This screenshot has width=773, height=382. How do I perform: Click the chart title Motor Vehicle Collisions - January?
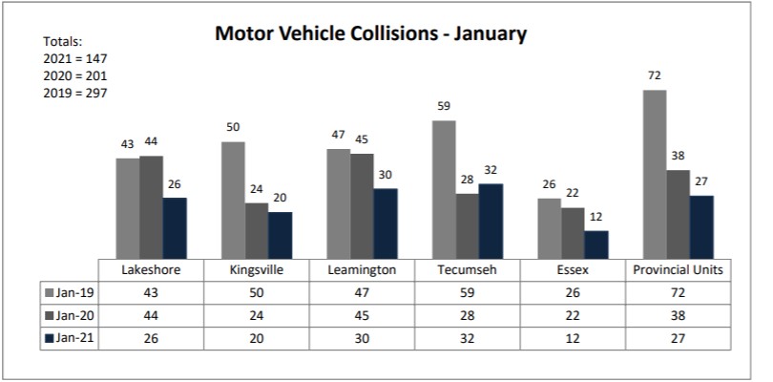pyautogui.click(x=370, y=34)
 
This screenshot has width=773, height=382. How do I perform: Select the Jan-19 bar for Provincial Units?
pyautogui.click(x=655, y=173)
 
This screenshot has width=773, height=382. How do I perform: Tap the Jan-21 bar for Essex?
pyautogui.click(x=595, y=244)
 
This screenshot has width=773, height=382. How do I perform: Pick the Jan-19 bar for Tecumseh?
pyautogui.click(x=444, y=188)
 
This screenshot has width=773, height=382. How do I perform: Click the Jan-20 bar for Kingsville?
pyautogui.click(x=257, y=229)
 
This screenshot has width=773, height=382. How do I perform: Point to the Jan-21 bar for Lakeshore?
pyautogui.click(x=175, y=227)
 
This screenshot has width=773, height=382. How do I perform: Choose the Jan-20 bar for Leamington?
pyautogui.click(x=362, y=204)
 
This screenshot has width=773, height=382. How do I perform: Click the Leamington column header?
pyautogui.click(x=362, y=270)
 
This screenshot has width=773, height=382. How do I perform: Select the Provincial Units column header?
pyautogui.click(x=679, y=270)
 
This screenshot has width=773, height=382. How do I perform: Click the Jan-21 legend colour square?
pyautogui.click(x=49, y=337)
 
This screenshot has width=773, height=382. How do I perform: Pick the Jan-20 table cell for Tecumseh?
pyautogui.click(x=468, y=314)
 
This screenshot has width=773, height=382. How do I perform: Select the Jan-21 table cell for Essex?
pyautogui.click(x=572, y=337)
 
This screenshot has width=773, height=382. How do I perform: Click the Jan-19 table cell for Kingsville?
pyautogui.click(x=257, y=291)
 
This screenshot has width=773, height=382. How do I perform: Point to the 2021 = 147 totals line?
pyautogui.click(x=73, y=59)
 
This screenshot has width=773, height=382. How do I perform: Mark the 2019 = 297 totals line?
pyautogui.click(x=73, y=94)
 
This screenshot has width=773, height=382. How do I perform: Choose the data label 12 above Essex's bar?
pyautogui.click(x=595, y=218)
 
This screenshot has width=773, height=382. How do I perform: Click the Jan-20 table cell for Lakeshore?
pyautogui.click(x=152, y=314)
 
